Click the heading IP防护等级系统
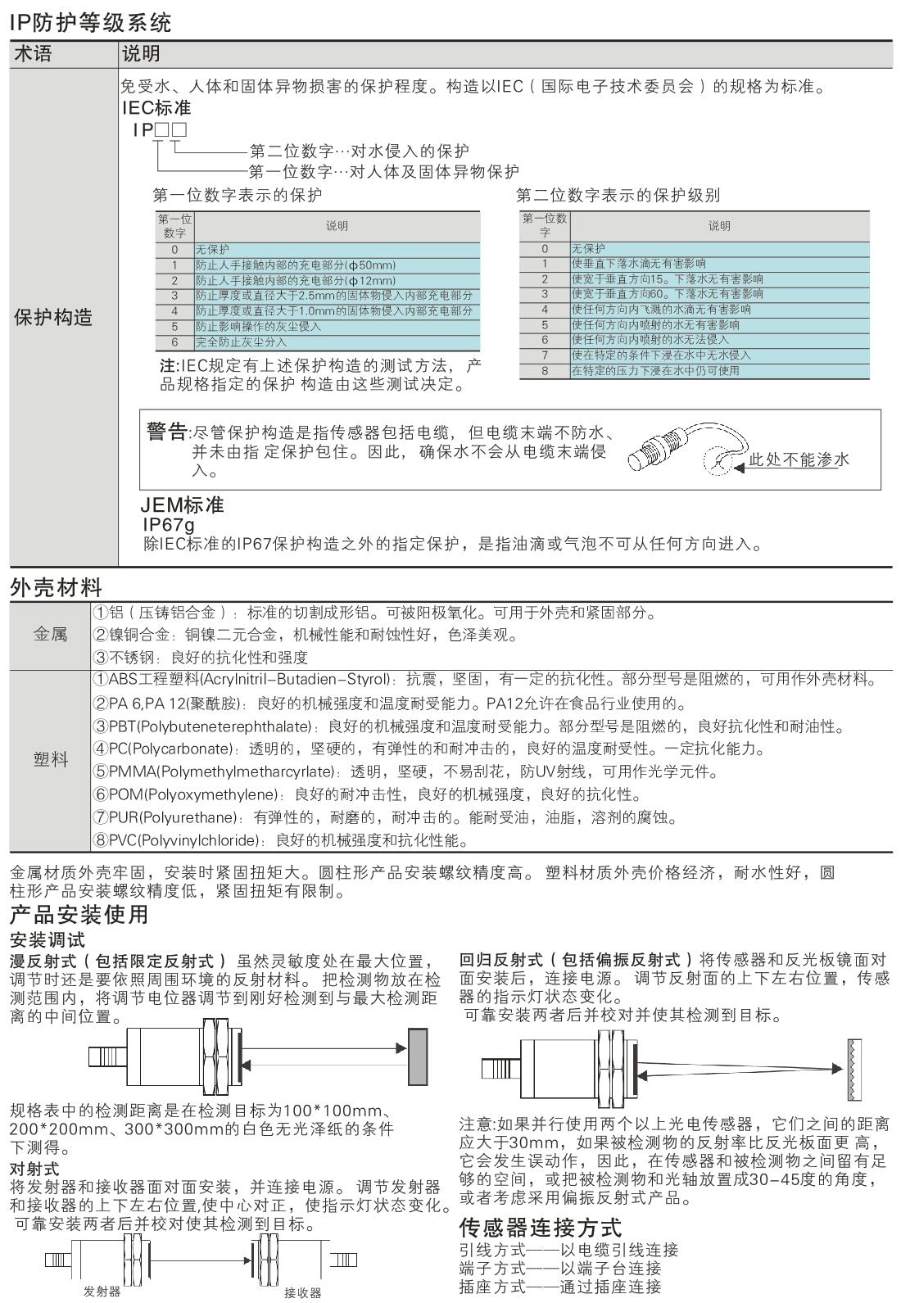[x=91, y=21]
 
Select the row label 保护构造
[x=54, y=318]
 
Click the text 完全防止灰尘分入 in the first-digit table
[x=242, y=342]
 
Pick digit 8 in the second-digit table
[x=544, y=371]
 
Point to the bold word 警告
[x=167, y=432]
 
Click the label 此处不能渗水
[x=799, y=459]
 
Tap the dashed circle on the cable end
[x=718, y=461]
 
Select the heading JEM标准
[x=183, y=505]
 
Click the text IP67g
[x=169, y=524]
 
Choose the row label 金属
[x=51, y=635]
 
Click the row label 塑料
[x=51, y=760]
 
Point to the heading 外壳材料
[x=57, y=586]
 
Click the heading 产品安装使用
[x=79, y=914]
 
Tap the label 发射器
[x=102, y=1292]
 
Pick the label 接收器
[x=302, y=1292]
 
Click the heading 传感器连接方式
[x=541, y=1227]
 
